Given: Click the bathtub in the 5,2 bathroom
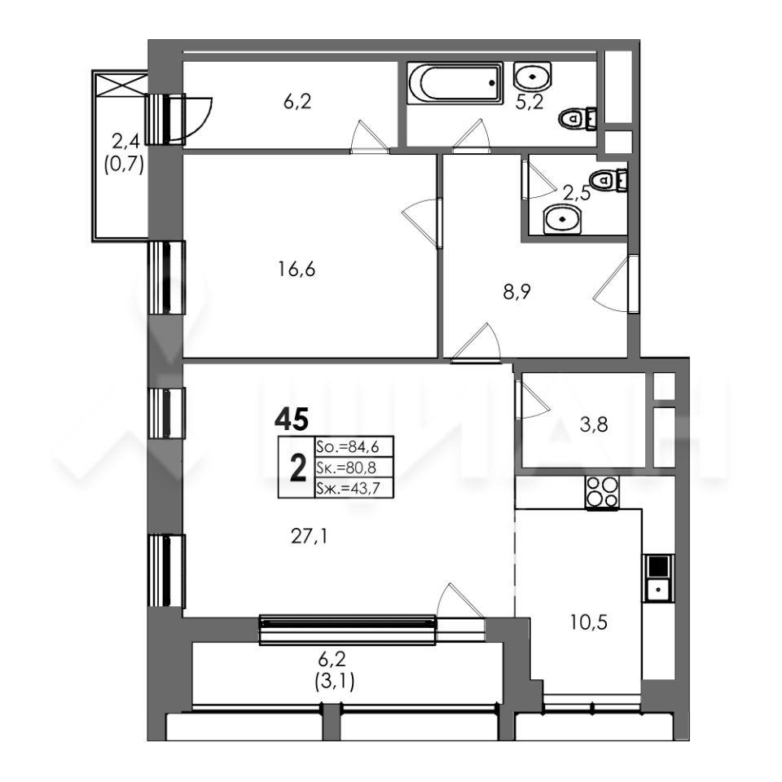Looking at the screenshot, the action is (x=455, y=83).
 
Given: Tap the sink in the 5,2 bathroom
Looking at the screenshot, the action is (x=532, y=77).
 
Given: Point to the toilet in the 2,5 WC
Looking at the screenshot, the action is (x=607, y=179).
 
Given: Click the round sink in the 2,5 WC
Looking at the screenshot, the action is (x=563, y=219).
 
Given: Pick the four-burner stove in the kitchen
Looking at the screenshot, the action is (x=602, y=493).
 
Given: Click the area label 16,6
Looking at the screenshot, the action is (x=297, y=270).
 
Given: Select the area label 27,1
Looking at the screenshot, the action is (x=310, y=537).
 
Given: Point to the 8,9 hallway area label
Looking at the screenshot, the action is (x=517, y=292).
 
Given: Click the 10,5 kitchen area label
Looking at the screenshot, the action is (x=589, y=622).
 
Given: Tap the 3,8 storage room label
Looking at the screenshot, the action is (x=595, y=425).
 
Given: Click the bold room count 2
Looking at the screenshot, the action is (x=298, y=469).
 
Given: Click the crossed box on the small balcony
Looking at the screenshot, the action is (x=121, y=83).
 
